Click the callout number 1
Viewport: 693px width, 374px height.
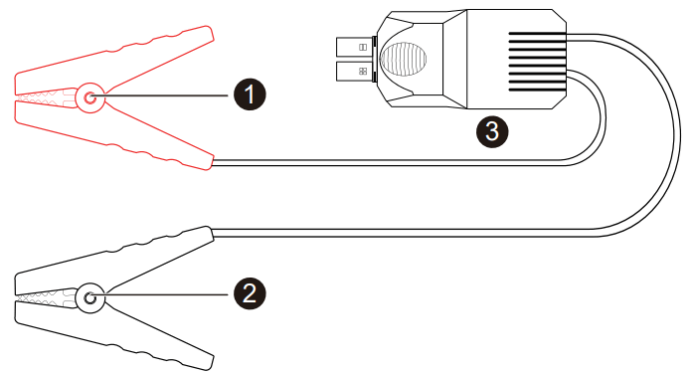coord(250,95)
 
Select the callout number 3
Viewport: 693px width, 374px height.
coord(492,129)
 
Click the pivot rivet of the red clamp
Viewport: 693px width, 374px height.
coord(89,97)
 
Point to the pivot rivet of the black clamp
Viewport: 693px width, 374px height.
coord(90,296)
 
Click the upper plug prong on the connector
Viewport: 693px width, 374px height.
coord(350,46)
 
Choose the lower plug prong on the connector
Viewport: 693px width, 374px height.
coord(350,71)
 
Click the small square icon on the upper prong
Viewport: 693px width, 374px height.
coord(363,46)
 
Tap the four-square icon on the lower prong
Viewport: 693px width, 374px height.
coord(363,71)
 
